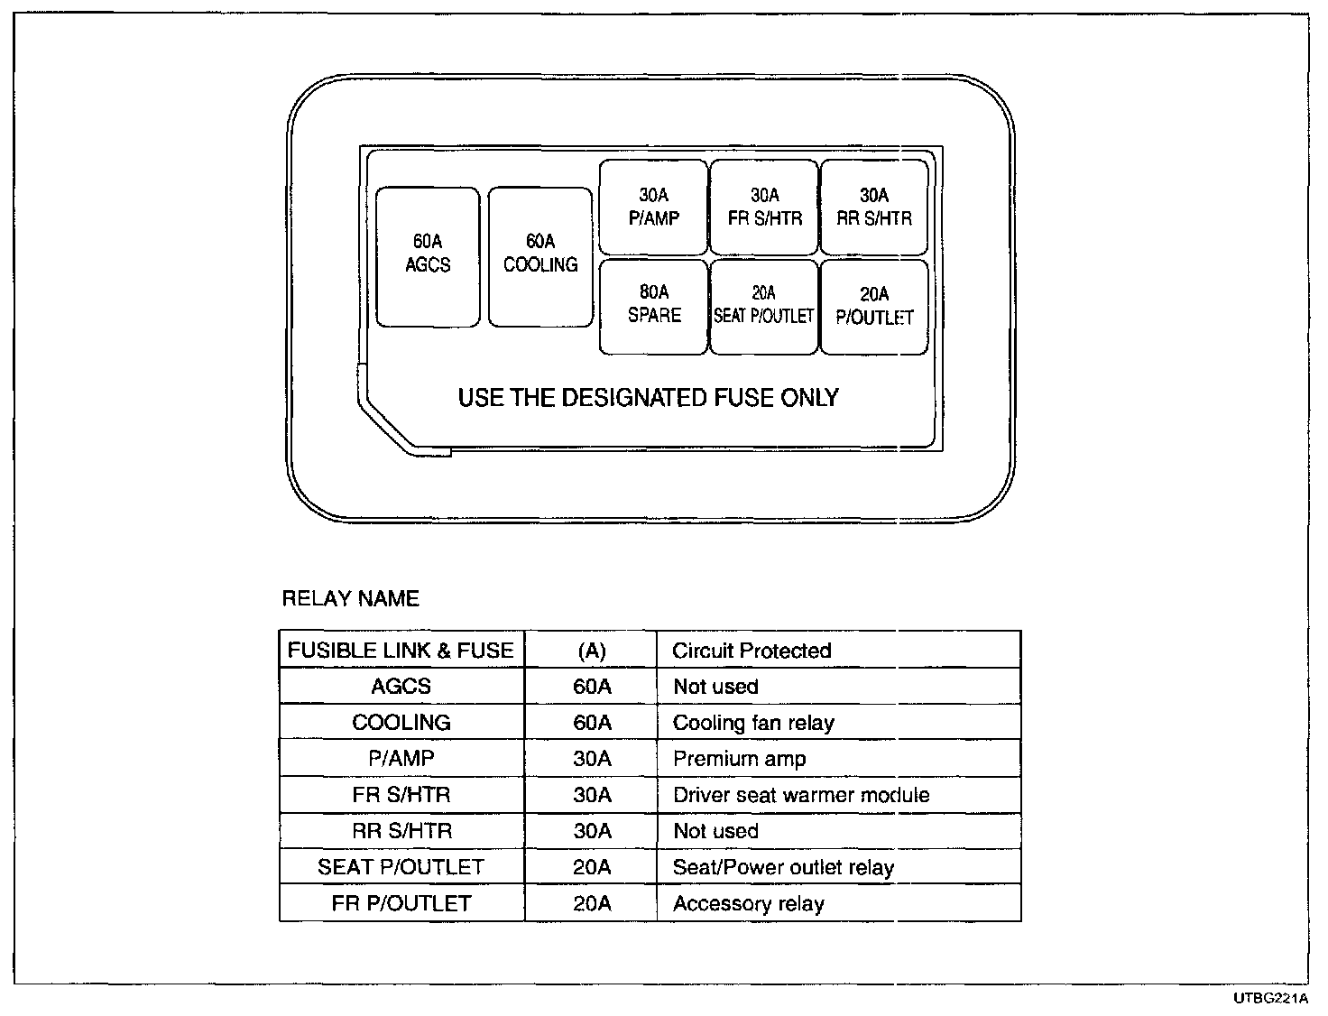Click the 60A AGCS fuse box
coord(428,256)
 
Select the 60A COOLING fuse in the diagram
coord(540,256)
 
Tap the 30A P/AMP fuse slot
coord(654,208)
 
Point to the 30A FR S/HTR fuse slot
coord(764,208)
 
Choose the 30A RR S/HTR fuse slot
coord(874,208)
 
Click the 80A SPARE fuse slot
coord(654,306)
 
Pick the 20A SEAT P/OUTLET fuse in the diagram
coord(764,306)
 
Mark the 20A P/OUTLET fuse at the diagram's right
coord(874,306)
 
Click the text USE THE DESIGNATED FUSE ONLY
coord(648,398)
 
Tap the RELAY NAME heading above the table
coord(351,599)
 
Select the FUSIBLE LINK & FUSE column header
coord(401,651)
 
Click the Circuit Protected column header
coord(752,651)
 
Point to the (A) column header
coord(591,651)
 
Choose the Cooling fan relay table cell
coord(753,723)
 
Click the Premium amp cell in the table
coord(739,759)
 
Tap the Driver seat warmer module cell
coord(801,795)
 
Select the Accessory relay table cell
coord(749,903)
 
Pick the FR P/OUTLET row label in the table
coord(401,903)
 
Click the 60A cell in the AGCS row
coord(592,687)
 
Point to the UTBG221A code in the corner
coord(1271,999)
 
